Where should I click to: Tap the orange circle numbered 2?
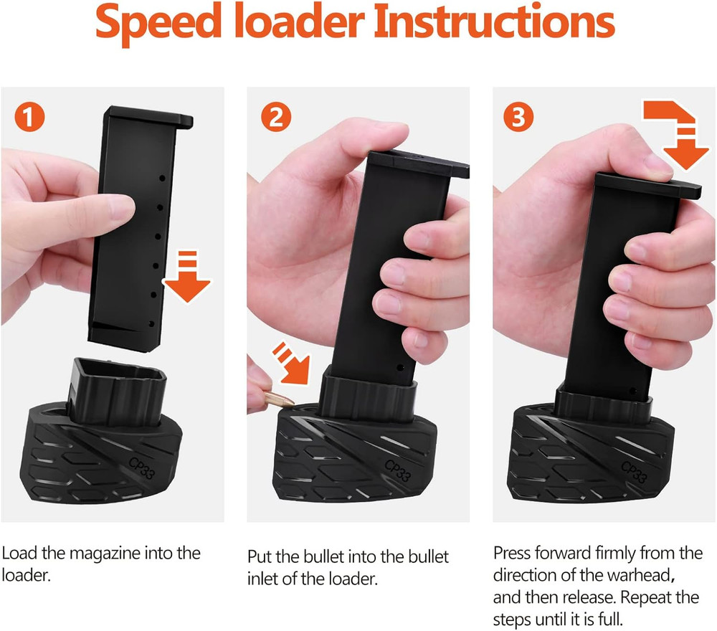point(275,118)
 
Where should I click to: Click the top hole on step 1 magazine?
point(162,177)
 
